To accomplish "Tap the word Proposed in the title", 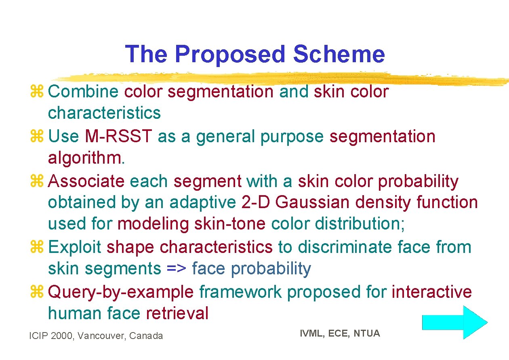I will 230,54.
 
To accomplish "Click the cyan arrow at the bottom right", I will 454,322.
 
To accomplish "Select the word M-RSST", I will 119,137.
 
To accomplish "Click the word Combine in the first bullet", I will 83,92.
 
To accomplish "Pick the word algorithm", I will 86,158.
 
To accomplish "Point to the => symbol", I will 176,268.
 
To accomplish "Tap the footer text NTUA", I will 367,333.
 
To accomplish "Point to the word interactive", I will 431,292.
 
